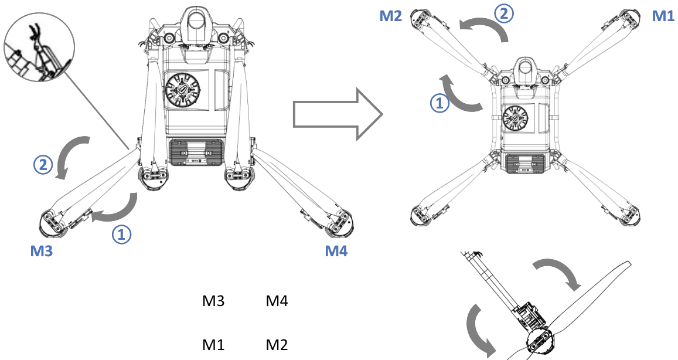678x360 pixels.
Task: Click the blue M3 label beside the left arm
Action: pyautogui.click(x=42, y=251)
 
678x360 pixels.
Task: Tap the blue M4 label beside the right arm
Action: pyautogui.click(x=336, y=251)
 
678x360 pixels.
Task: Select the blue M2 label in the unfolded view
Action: pyautogui.click(x=391, y=16)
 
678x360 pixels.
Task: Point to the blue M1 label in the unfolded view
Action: pyautogui.click(x=663, y=16)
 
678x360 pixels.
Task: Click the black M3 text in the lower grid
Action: pyautogui.click(x=214, y=301)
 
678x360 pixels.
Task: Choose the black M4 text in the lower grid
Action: pyautogui.click(x=277, y=301)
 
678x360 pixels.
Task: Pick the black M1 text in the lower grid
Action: pyautogui.click(x=214, y=345)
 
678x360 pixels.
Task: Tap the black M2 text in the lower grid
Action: pyautogui.click(x=277, y=345)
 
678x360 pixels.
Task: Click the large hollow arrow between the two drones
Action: pyautogui.click(x=338, y=115)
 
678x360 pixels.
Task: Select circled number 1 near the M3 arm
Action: pyautogui.click(x=122, y=234)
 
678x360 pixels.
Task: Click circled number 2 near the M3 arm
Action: pyautogui.click(x=43, y=164)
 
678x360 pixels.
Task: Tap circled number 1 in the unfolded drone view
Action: pyautogui.click(x=439, y=103)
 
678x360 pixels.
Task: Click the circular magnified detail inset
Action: pyautogui.click(x=39, y=48)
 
